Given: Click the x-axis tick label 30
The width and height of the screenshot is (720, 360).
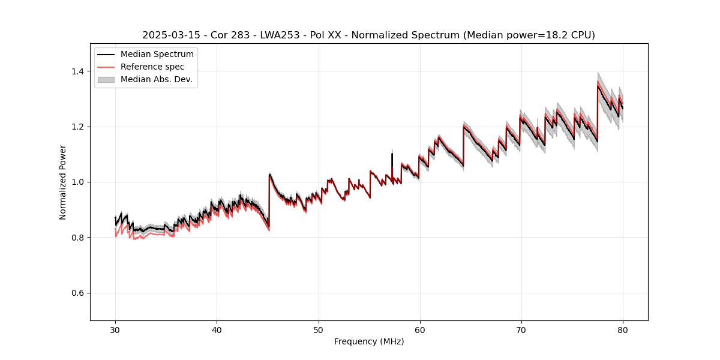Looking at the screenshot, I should pos(115,329).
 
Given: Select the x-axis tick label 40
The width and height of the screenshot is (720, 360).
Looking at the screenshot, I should pos(217,329).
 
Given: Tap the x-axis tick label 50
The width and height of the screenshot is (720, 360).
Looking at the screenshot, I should pos(318,329).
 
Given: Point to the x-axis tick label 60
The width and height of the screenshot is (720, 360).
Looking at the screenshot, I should pos(419,329).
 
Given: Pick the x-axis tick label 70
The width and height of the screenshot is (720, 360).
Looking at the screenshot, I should pos(521,329).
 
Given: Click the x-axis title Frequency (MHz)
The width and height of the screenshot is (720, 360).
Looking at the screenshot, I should pos(369,341).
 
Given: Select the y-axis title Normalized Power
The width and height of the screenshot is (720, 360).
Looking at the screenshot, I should pos(63,182).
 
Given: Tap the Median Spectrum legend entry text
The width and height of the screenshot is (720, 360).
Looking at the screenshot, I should pos(157,55).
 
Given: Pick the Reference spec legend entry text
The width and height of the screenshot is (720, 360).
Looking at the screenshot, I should pos(152,67).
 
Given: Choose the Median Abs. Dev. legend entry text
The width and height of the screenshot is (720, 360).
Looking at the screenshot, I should pos(156,79).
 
